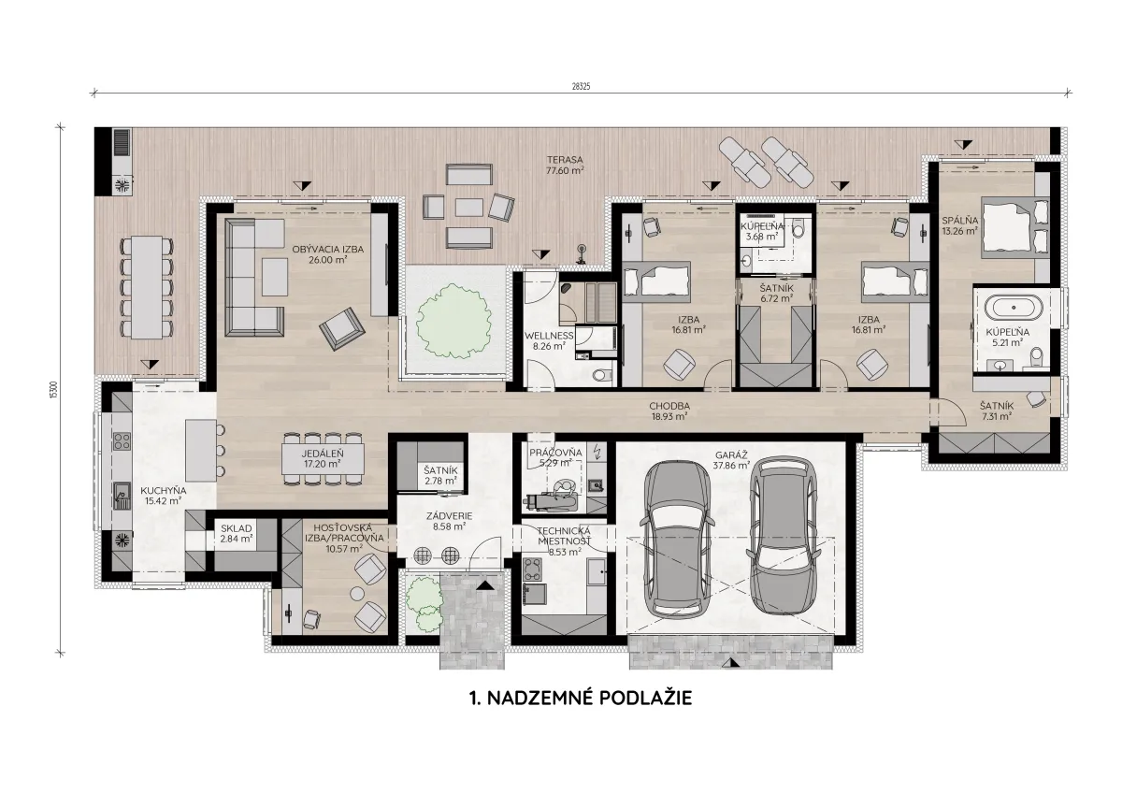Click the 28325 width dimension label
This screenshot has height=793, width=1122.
click(x=581, y=86)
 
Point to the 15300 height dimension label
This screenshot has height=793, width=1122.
click(x=53, y=390)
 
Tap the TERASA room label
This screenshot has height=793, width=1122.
click(x=565, y=160)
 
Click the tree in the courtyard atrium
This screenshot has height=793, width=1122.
click(x=453, y=321)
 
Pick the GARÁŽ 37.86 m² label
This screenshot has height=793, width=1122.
click(x=731, y=460)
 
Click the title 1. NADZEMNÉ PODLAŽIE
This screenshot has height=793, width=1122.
click(x=581, y=698)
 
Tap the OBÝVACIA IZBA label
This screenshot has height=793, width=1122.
click(x=327, y=249)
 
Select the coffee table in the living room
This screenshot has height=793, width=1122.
click(x=275, y=277)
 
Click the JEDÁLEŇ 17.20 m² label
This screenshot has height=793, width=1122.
click(x=323, y=459)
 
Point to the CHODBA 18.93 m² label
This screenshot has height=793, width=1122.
click(x=669, y=411)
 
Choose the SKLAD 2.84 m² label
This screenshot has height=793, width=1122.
click(x=237, y=534)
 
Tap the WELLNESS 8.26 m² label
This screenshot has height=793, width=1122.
click(x=549, y=340)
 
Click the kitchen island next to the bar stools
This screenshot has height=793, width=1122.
click(x=200, y=451)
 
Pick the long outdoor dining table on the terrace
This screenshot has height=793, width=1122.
click(x=147, y=287)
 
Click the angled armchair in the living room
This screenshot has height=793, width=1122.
click(x=342, y=328)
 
